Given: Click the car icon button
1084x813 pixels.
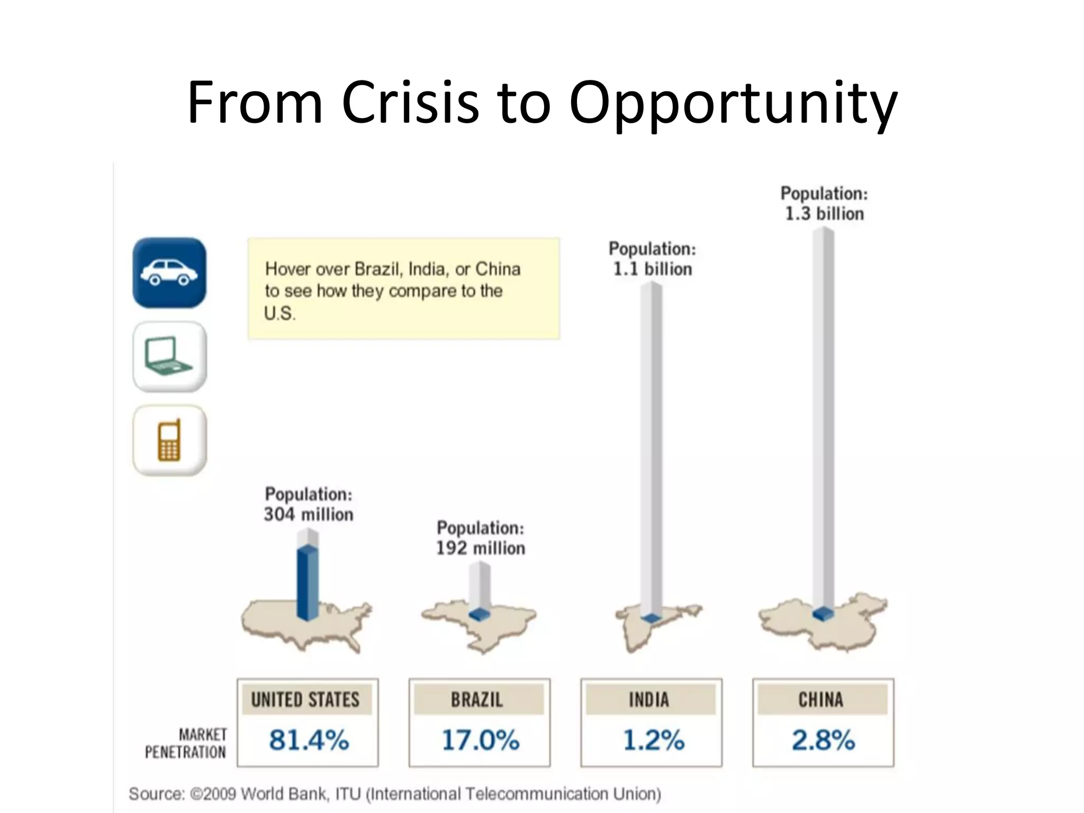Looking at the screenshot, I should [x=169, y=273].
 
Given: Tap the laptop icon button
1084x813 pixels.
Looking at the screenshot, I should [x=169, y=357].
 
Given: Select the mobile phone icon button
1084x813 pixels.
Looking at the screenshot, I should [x=169, y=440].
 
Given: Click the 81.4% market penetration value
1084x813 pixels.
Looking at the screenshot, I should [x=309, y=739].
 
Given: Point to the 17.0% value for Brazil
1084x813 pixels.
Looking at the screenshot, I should [x=480, y=739].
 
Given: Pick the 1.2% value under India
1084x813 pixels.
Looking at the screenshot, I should [x=653, y=739].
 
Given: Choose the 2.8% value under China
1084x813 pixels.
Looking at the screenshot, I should [x=823, y=739].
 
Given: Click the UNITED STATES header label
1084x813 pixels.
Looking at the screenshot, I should [x=305, y=700].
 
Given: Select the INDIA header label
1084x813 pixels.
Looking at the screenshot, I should [x=649, y=700].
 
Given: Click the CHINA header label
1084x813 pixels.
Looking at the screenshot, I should [x=821, y=700].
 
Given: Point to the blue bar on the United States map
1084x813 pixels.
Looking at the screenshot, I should [x=308, y=582].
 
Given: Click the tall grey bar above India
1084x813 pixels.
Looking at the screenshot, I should [x=651, y=450].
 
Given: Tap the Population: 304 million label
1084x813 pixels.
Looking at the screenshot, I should [x=309, y=504].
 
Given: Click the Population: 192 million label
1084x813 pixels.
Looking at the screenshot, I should [x=481, y=538].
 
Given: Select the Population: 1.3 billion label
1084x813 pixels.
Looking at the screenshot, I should [x=824, y=203].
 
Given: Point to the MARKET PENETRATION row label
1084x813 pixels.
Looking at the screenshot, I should [x=186, y=743].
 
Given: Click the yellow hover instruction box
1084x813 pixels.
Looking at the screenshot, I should [x=404, y=288].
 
